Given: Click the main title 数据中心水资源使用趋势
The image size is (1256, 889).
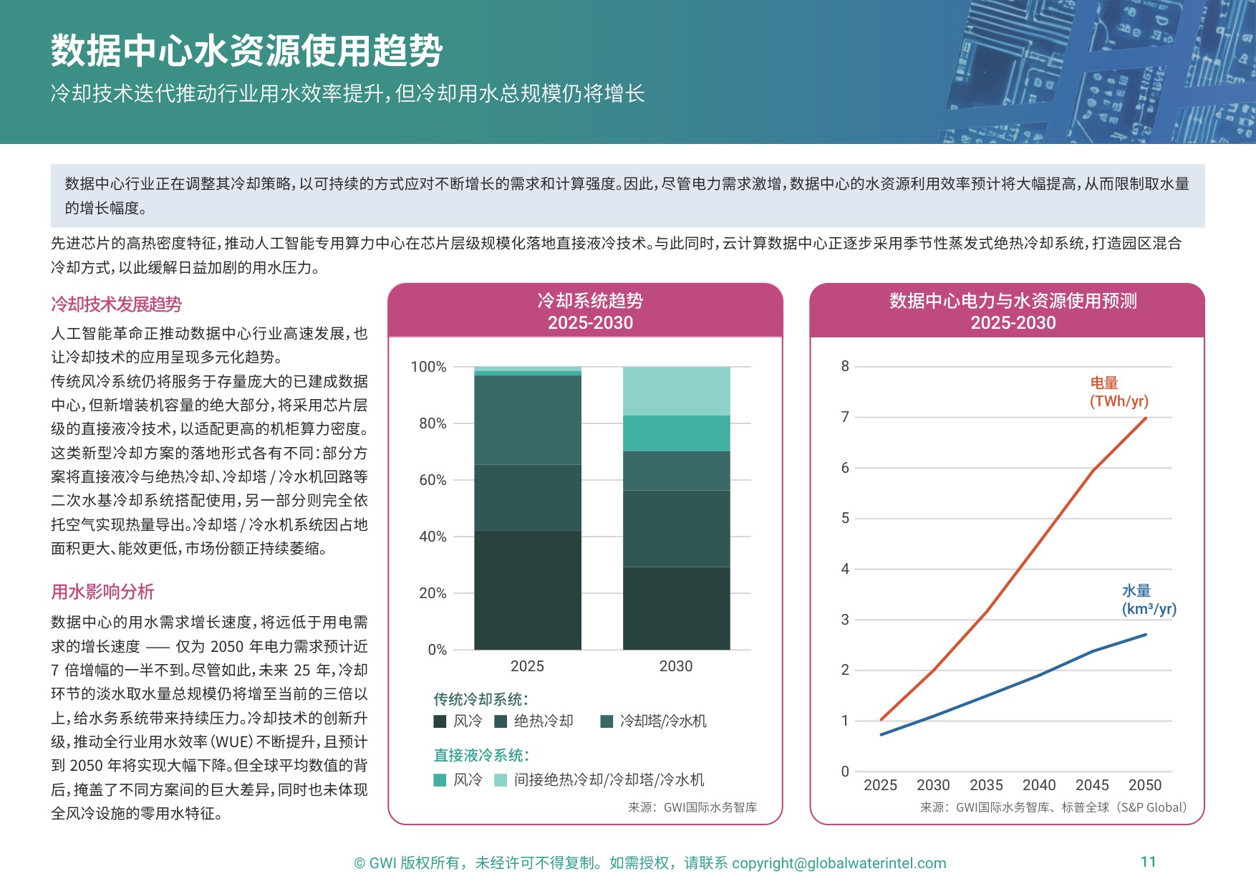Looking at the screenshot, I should [246, 51].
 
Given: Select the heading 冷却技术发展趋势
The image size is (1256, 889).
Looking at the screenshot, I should [116, 304].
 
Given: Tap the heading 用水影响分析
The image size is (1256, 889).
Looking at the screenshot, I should [102, 592].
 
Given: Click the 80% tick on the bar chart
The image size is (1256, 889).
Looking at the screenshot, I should [432, 423].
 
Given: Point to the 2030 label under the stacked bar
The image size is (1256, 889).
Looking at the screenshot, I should [675, 666].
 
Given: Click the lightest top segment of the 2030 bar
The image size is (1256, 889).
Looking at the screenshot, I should [676, 391].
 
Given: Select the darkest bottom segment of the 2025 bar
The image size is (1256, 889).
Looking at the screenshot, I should [527, 590].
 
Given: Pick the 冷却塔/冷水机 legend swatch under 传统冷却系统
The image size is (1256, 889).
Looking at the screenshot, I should [607, 721].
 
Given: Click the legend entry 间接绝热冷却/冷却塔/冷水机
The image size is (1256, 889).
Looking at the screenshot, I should [609, 779].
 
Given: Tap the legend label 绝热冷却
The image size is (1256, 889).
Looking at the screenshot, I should [544, 721].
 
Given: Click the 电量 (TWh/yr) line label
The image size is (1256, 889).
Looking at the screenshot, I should [1118, 392].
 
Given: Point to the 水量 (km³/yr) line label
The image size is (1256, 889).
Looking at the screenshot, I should [1148, 600].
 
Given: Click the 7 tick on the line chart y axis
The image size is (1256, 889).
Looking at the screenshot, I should [845, 417].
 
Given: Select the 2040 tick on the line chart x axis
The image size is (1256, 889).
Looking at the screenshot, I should [1039, 785].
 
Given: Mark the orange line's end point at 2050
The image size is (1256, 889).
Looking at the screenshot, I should [1146, 418].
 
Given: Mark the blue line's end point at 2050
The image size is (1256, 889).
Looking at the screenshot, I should [1146, 635].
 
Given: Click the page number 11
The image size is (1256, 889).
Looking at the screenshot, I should [1148, 862].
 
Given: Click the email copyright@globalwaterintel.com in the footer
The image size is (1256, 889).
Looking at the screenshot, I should [839, 863].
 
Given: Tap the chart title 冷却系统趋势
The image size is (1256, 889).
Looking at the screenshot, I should [590, 301].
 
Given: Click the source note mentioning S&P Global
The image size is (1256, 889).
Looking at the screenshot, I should [1053, 807].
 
